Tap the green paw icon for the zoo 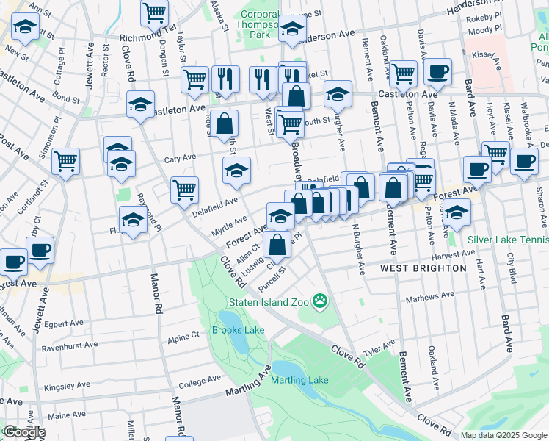(320, 301)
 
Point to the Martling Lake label (299, 380)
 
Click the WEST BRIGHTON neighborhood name (423, 268)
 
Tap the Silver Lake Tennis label (506, 240)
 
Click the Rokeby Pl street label (487, 15)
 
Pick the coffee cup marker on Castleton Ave (437, 71)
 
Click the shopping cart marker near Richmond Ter (155, 11)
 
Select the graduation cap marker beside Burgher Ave (338, 93)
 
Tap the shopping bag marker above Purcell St (278, 243)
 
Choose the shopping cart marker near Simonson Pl (66, 159)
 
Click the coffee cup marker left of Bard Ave (477, 168)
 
